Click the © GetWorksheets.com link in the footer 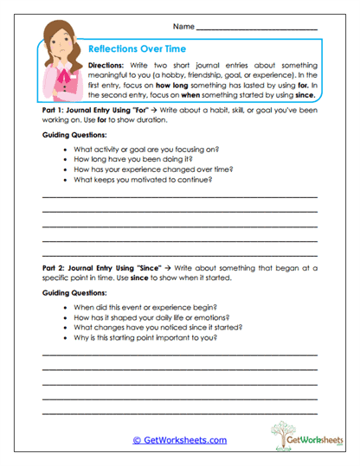[x=179, y=440]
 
